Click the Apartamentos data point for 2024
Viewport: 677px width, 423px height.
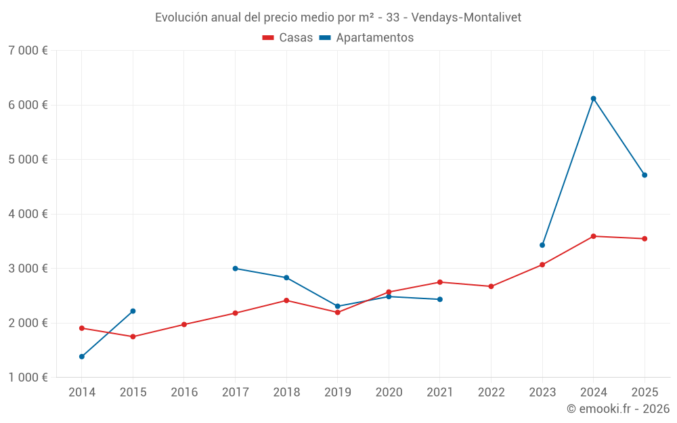[594, 99]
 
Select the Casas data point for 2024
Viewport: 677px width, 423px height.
[594, 236]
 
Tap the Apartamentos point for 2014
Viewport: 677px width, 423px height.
[82, 357]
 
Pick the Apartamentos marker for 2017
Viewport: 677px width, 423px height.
[236, 269]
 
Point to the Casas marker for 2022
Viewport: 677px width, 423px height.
[492, 286]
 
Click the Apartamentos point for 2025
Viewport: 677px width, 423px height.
[645, 175]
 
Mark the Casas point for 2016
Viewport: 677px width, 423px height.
[184, 325]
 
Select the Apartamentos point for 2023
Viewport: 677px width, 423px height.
[542, 245]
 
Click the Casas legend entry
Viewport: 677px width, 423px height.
[288, 38]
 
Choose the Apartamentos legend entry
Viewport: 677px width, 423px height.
[366, 38]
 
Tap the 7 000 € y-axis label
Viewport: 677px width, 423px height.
[28, 51]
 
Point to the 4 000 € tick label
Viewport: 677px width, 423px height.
[28, 214]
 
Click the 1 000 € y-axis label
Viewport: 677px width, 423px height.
[28, 378]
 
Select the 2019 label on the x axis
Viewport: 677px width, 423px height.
[338, 393]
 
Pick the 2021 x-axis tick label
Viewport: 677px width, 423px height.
[440, 393]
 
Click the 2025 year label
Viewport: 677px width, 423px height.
[645, 393]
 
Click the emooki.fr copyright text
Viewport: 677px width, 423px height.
[617, 409]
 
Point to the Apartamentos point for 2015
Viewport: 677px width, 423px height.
[133, 311]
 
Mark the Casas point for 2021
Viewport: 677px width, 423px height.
[440, 282]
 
